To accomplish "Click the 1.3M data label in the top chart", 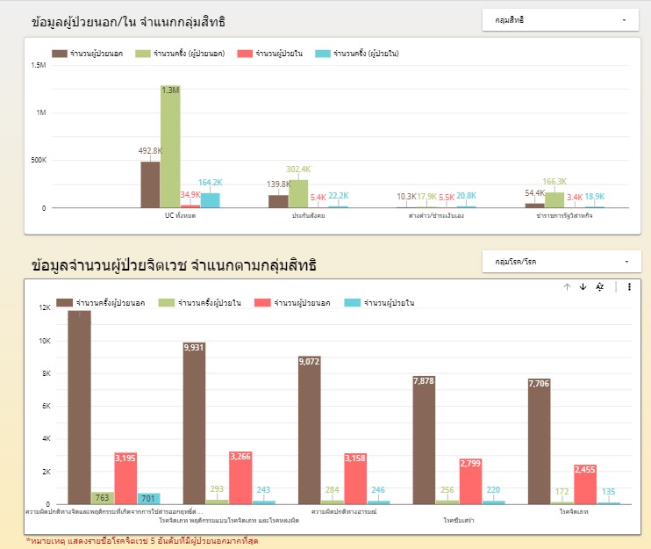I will click(170, 90).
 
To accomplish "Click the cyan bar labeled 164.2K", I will click(210, 200).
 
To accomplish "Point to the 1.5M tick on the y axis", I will click(39, 65).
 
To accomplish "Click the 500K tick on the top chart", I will click(39, 161).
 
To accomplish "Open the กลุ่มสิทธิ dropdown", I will click(561, 19).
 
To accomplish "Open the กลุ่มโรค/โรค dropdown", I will click(561, 261).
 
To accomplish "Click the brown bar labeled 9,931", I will click(194, 422).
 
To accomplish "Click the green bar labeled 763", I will click(102, 498).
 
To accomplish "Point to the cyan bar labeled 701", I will click(148, 498).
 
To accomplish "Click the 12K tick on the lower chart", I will click(46, 307).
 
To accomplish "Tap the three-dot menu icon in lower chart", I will click(629, 286).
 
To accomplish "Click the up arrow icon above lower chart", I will click(567, 286).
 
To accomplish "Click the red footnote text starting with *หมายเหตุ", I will click(142, 540).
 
